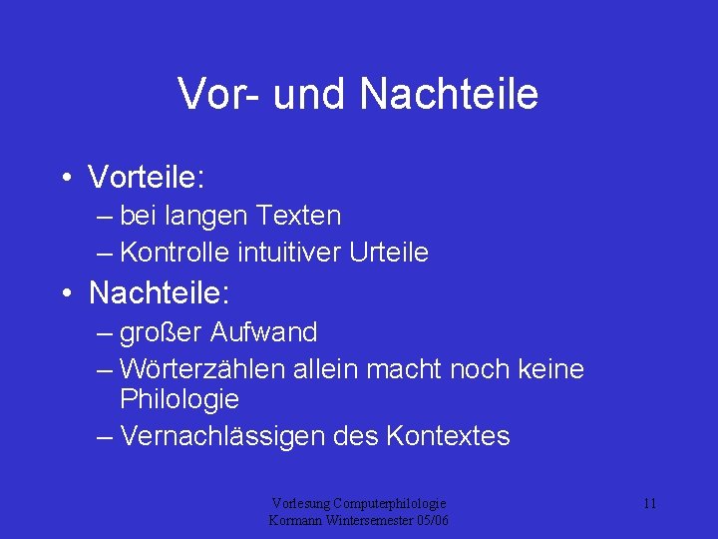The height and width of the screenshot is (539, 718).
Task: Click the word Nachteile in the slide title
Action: pos(449,94)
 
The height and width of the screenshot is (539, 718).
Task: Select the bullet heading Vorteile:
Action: pos(147,178)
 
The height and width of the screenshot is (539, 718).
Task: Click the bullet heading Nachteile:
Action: pos(160,293)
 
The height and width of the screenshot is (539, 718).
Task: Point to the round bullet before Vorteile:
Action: pos(65,179)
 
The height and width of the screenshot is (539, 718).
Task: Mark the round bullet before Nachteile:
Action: pos(65,294)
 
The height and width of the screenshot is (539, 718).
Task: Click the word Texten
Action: pos(298,216)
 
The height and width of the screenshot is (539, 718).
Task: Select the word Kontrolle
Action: pos(175,253)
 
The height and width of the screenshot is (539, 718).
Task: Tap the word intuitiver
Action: pos(290,253)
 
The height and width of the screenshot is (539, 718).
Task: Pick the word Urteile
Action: pos(389,253)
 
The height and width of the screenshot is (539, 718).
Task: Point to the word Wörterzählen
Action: pos(202,369)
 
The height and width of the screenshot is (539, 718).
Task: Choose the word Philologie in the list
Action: pos(179,399)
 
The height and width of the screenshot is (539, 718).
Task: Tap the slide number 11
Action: pos(649,504)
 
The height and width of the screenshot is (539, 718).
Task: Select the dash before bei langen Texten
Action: pos(106,217)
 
